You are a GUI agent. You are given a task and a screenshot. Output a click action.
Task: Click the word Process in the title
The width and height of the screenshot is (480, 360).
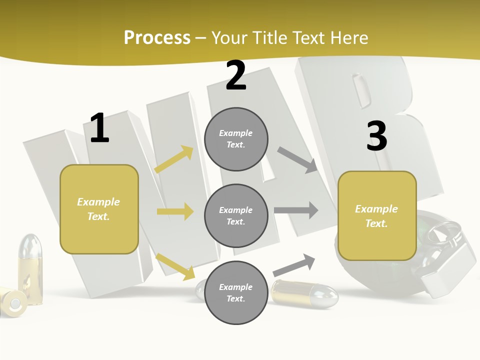pos(157,38)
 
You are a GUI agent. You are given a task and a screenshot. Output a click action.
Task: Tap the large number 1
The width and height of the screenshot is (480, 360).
pos(99,128)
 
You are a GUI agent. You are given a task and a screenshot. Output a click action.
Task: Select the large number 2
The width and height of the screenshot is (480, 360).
pos(236,75)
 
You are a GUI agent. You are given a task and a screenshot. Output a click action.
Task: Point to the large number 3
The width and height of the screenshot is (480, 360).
pos(377,136)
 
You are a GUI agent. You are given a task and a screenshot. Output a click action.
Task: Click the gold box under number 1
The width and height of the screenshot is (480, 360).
pos(99,209)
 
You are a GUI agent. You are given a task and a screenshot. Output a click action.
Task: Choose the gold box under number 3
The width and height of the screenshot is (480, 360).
pos(377,215)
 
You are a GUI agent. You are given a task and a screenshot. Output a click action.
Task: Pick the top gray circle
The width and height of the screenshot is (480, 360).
pos(236,139)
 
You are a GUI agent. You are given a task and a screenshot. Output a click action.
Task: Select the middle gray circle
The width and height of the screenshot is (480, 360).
pos(236,215)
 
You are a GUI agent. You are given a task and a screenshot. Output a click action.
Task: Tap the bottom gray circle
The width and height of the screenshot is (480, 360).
pos(236,292)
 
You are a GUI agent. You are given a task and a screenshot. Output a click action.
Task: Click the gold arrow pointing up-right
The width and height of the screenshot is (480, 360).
pos(174,159)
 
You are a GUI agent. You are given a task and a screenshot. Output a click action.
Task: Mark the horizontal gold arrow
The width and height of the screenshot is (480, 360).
pos(175,211)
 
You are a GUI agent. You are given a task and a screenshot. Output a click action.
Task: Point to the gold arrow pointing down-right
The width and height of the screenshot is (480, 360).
pos(175,266)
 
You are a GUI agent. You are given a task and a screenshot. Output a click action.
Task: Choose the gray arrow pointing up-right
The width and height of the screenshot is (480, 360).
pos(294,265)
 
